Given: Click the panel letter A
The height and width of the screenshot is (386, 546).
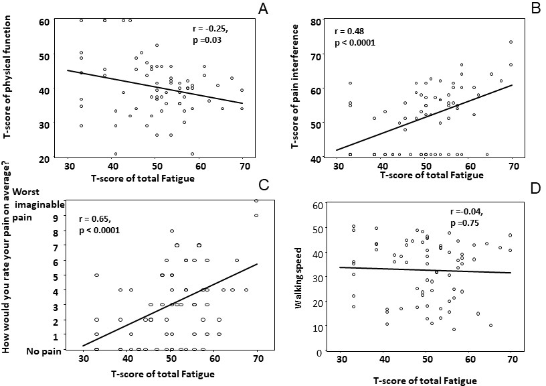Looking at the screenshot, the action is click(263, 9).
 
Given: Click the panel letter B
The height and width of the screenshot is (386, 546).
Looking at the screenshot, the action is click(537, 8).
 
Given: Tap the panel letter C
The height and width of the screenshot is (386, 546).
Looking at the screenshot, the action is click(264, 184).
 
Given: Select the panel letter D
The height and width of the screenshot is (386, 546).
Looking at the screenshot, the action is click(535, 188).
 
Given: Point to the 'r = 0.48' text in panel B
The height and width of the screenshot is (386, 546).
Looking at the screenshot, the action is click(349, 31).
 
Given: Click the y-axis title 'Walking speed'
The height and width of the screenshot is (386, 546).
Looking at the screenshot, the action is click(298, 278).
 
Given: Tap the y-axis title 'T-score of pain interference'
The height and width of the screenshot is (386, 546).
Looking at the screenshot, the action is click(295, 87).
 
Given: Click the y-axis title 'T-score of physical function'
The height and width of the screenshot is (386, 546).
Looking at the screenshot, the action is click(7, 76).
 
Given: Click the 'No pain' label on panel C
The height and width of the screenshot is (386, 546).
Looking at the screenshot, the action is click(44, 351).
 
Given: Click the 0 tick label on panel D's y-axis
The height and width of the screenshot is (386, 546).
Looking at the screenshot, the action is click(319, 352).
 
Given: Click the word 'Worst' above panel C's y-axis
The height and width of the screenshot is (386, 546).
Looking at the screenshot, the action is click(26, 192).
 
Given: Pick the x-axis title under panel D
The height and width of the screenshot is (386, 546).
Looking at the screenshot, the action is click(425, 381).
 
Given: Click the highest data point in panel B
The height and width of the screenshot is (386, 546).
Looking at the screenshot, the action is click(511, 42).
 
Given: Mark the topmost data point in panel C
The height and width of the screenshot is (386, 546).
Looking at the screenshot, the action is click(256, 200).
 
